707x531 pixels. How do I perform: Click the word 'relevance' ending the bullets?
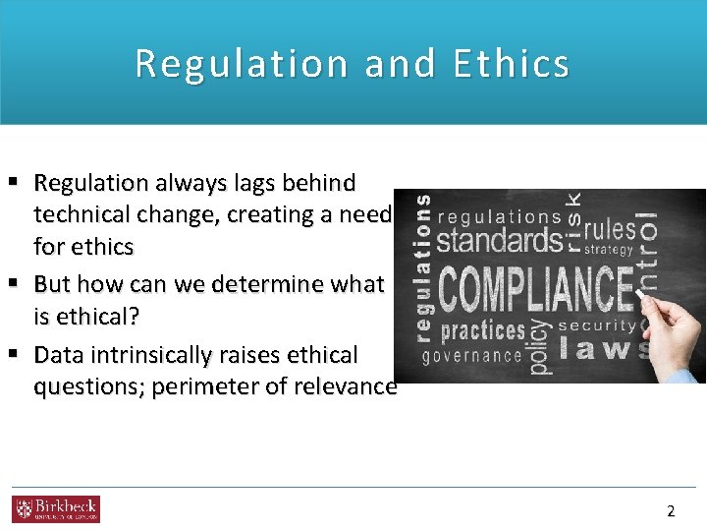[349, 386]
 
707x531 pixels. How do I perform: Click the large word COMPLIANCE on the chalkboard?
[536, 289]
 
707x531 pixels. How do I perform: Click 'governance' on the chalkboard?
[472, 356]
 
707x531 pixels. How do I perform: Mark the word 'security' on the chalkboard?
[596, 324]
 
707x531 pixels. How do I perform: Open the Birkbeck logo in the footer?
[56, 509]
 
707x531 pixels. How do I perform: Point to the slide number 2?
[671, 510]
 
